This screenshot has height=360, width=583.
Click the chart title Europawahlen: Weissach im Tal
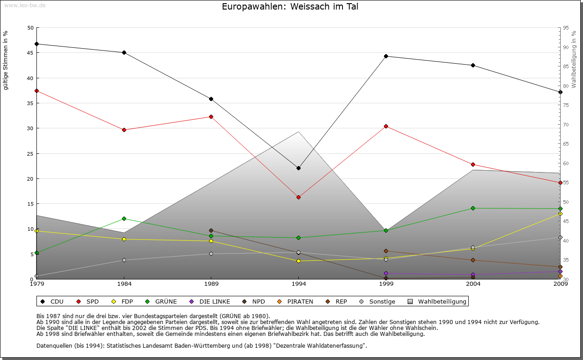(x=287, y=7)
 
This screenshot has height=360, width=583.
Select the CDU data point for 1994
(x=298, y=168)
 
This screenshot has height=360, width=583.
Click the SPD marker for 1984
(x=124, y=130)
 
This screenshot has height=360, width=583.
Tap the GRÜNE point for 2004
(x=473, y=208)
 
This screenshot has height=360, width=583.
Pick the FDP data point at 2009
(x=560, y=213)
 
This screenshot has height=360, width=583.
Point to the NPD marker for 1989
(x=211, y=230)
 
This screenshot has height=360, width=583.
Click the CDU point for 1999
(x=386, y=56)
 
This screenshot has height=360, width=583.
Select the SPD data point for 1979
(x=36, y=91)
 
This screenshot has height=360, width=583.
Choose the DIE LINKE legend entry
(x=215, y=301)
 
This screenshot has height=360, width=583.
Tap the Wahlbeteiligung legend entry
(x=442, y=301)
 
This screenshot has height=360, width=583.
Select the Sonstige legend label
(x=382, y=301)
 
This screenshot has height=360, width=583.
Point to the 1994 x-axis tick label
(x=299, y=284)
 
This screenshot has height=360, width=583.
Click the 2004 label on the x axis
(x=473, y=284)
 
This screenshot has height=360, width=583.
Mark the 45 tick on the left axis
(x=31, y=53)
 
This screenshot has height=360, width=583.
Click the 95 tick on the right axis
(x=566, y=28)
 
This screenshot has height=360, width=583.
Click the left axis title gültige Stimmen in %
(x=6, y=60)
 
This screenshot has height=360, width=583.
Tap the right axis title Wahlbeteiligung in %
(x=574, y=59)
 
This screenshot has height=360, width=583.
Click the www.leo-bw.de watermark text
(x=25, y=5)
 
